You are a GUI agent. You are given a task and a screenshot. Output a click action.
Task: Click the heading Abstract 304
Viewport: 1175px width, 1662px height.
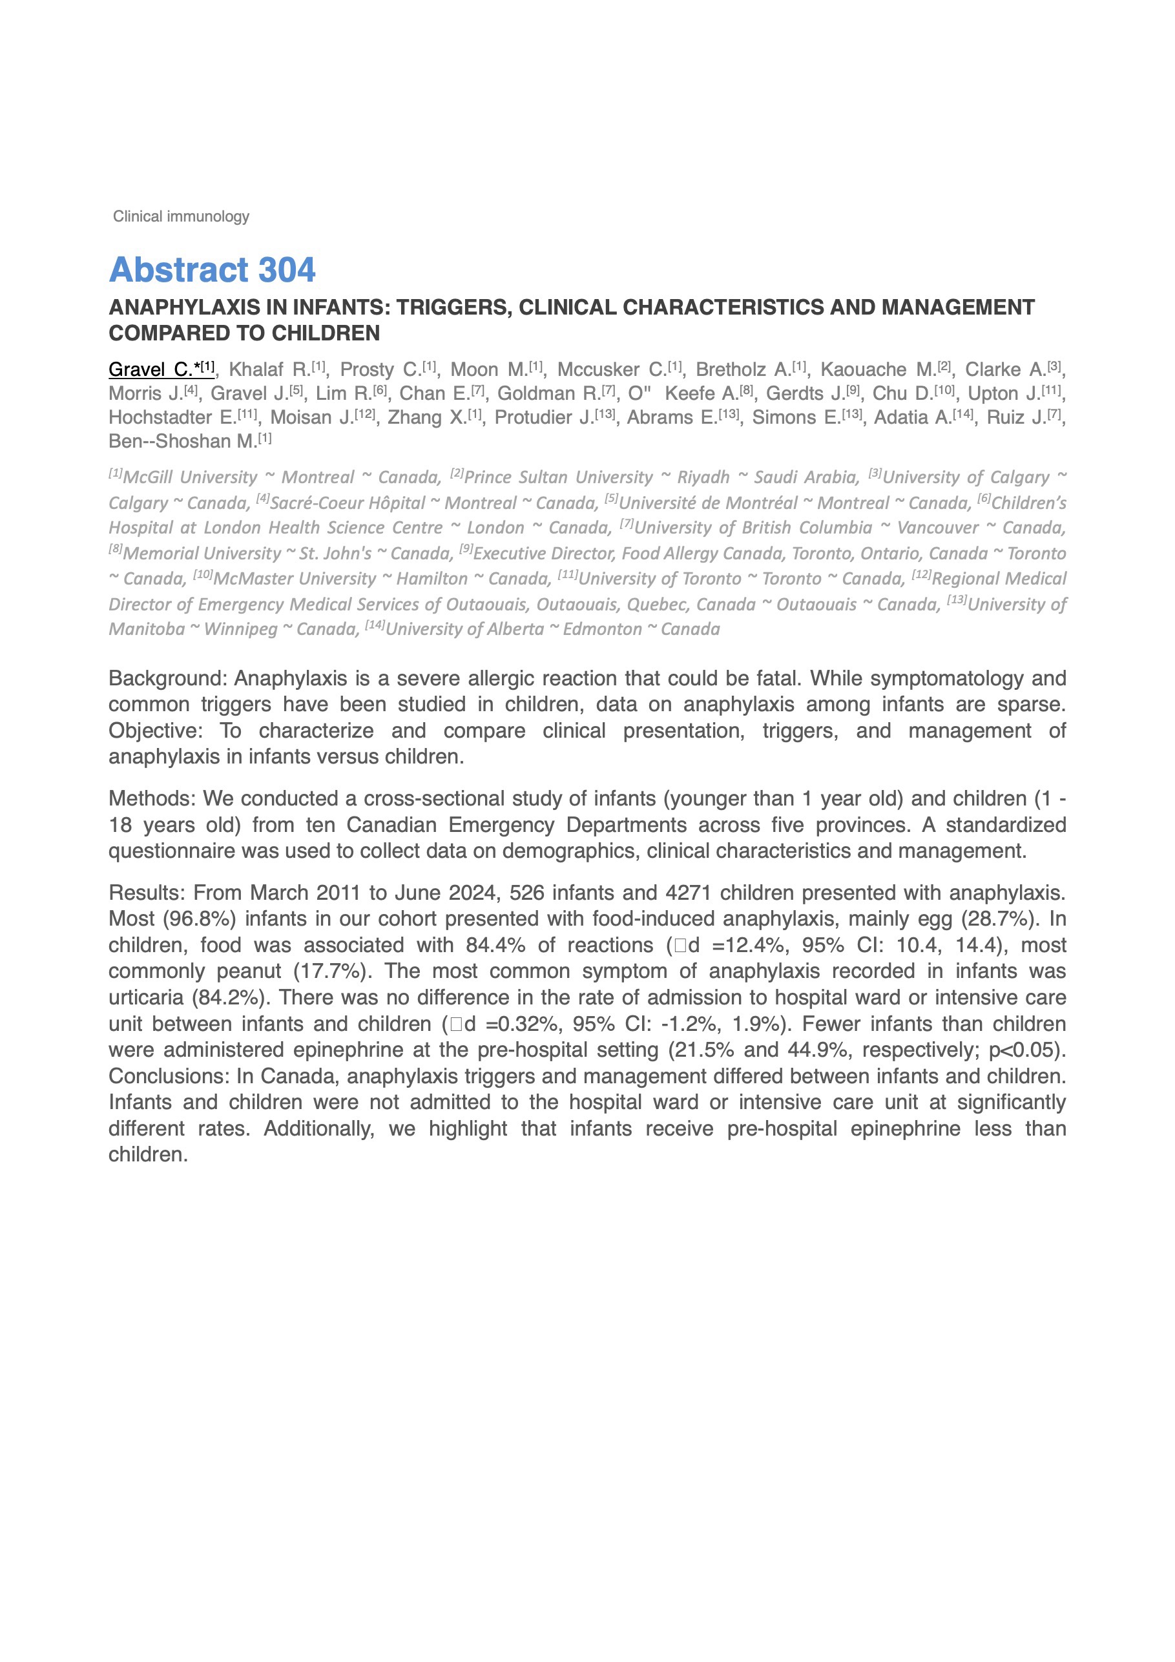click(x=211, y=270)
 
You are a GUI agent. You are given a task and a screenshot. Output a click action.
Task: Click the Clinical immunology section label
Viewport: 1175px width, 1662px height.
click(x=181, y=216)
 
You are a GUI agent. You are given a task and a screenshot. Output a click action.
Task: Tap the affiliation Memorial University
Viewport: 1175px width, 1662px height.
click(x=202, y=554)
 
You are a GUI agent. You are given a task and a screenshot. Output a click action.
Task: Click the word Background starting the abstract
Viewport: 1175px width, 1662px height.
click(x=168, y=679)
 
